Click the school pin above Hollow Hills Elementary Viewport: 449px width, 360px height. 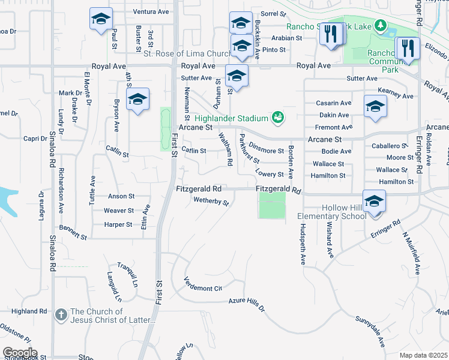[x=374, y=201]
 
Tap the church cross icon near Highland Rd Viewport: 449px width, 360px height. [x=61, y=315]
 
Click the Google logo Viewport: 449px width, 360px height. [x=20, y=352]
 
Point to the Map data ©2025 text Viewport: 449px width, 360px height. [x=424, y=355]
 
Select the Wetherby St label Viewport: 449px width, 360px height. [x=211, y=202]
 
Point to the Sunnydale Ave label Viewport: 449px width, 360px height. [x=369, y=332]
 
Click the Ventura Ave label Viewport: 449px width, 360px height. [x=151, y=11]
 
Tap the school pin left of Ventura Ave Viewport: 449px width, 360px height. [x=101, y=19]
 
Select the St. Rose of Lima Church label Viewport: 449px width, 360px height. [x=187, y=54]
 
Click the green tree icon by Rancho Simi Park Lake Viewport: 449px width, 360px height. [x=379, y=25]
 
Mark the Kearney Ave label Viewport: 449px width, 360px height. [x=396, y=96]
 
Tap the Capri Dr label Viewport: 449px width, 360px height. [x=35, y=139]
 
